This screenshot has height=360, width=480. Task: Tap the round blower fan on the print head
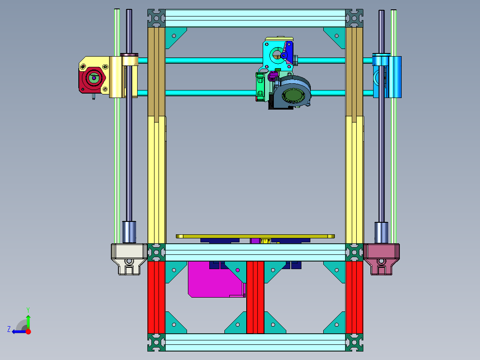[x=293, y=93]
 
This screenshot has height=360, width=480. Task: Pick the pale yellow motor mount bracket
[x=116, y=77]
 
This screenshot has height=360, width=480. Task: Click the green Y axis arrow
[x=28, y=320]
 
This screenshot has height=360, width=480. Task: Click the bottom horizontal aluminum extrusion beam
[x=255, y=342]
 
